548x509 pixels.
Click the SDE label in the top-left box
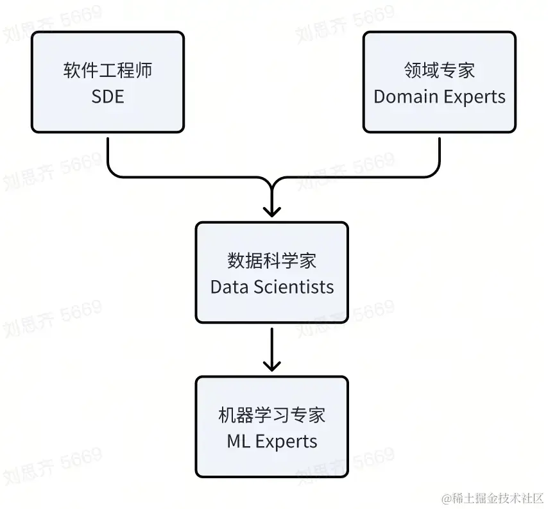(108, 96)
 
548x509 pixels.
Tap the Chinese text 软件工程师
(108, 71)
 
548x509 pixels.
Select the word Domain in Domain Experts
(404, 97)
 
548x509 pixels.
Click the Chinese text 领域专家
(440, 71)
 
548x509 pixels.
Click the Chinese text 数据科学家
(272, 261)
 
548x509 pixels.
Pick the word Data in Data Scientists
(229, 287)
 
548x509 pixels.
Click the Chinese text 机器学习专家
(272, 415)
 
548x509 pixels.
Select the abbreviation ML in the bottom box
(237, 442)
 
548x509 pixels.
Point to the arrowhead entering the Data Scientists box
(272, 212)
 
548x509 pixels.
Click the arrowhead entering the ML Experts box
(272, 367)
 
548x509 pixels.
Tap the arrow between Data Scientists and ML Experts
(272, 346)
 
